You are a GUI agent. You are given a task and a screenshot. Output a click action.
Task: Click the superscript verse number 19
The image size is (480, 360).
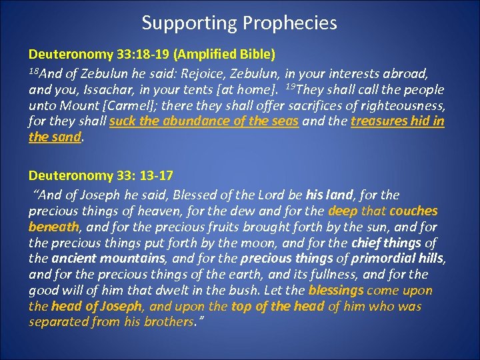[290, 86]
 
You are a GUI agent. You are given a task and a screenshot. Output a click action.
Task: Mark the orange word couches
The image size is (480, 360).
[414, 211]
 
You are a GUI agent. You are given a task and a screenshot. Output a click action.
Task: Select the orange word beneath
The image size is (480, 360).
[53, 227]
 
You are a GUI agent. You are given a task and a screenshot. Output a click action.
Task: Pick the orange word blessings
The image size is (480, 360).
[336, 291]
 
